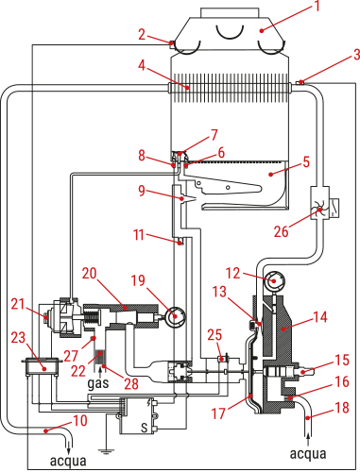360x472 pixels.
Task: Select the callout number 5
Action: (305, 162)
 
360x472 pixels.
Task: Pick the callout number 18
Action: (343, 408)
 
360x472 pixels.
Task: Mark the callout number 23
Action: (17, 336)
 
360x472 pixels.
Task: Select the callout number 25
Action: (214, 335)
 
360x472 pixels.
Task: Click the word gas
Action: (97, 385)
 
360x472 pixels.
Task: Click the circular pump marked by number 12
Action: (274, 281)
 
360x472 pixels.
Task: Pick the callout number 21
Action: (17, 303)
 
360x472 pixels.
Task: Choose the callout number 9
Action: (141, 190)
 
